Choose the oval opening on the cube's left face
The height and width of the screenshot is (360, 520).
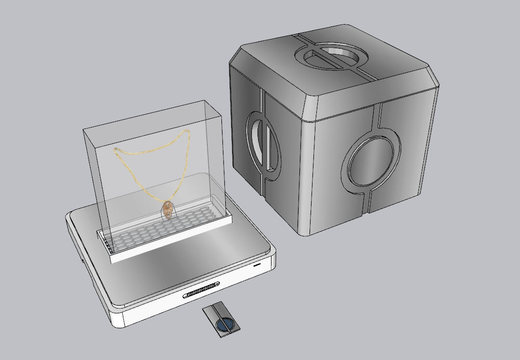tap(259, 142)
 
